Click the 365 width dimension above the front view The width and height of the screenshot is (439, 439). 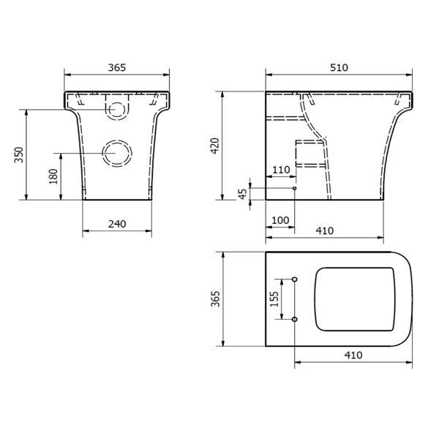pos(117,67)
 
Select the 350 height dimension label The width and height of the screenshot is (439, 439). pos(20,155)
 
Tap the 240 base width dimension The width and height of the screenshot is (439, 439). pos(117,224)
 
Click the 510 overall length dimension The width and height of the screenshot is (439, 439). pos(338,67)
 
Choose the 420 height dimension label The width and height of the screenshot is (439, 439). pos(214,146)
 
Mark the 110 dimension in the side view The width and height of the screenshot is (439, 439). pos(281,169)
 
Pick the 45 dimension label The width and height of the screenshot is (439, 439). pos(243,193)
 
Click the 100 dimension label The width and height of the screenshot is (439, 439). pos(279,219)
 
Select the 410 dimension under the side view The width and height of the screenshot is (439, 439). pos(324,230)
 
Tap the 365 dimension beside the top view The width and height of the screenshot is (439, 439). pos(214,299)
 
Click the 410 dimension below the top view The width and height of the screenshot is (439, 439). pos(353,355)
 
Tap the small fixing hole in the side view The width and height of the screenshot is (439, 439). pos(294,189)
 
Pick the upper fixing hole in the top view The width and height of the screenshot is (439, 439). pos(294,279)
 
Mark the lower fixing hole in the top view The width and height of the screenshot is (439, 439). pos(294,319)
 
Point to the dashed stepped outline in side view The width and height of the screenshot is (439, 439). pos(309,152)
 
